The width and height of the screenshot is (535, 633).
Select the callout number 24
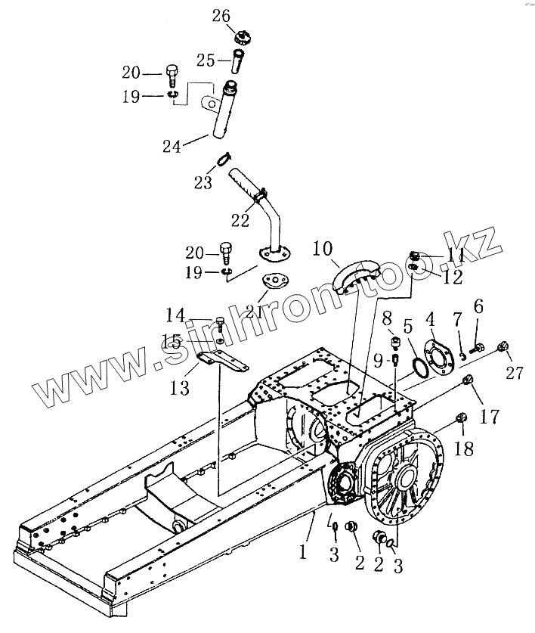(172, 146)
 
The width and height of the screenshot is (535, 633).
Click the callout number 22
(240, 220)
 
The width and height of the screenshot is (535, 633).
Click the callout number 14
(175, 315)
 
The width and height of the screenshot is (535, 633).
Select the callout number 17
(490, 415)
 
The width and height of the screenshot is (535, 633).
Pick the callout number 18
(464, 448)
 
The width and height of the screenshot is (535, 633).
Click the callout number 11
(456, 256)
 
